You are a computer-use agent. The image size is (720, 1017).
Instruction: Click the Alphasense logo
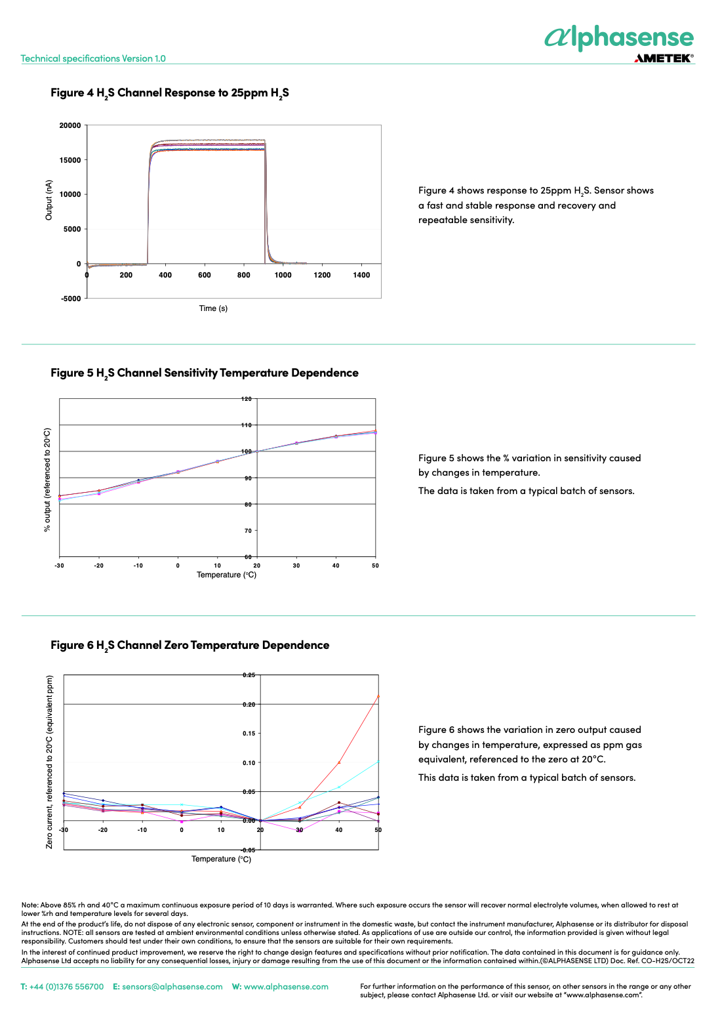click(619, 38)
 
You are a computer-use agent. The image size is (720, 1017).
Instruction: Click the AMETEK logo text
click(664, 58)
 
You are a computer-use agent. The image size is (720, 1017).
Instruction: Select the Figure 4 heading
click(170, 93)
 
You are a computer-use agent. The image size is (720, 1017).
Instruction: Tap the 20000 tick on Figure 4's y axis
click(70, 125)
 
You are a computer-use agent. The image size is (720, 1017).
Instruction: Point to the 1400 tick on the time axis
click(361, 275)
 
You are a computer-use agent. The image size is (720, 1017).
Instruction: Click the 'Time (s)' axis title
click(213, 308)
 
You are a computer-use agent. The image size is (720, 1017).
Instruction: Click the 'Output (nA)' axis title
click(49, 200)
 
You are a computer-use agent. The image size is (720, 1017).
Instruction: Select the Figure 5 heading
click(205, 373)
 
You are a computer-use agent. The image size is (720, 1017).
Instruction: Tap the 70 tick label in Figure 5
click(248, 530)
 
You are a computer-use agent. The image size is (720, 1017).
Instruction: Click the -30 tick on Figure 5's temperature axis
click(59, 566)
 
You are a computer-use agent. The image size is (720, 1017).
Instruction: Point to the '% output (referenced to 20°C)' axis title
click(47, 480)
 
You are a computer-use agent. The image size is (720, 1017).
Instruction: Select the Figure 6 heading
click(190, 646)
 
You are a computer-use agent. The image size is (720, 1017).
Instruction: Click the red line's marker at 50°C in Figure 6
click(378, 696)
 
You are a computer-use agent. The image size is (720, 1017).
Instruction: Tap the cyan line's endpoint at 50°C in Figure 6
click(378, 761)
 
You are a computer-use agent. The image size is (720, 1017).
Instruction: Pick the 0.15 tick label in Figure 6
click(249, 734)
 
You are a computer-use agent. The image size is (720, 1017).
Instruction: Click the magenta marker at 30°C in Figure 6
click(300, 831)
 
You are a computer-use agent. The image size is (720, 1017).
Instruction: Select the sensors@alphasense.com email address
click(172, 987)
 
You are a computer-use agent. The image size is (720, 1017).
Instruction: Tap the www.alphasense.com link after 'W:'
click(287, 987)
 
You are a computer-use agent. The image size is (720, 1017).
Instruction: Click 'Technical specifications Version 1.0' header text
click(93, 58)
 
